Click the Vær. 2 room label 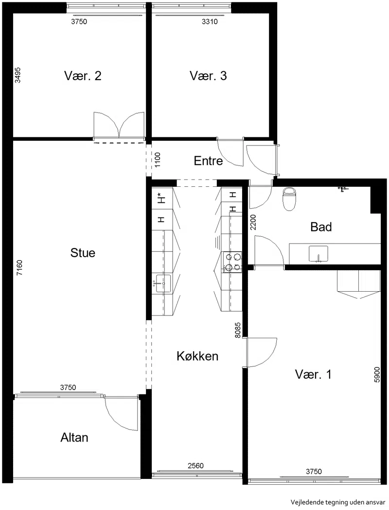click(83, 76)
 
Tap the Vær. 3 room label click(208, 76)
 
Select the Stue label click(83, 253)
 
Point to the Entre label click(208, 161)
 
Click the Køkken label click(197, 356)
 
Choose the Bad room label click(321, 227)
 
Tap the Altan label click(74, 438)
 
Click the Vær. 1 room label click(313, 374)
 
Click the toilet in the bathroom click(289, 199)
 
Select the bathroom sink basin click(318, 254)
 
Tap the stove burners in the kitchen click(232, 262)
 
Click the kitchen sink click(162, 283)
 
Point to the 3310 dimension click(210, 22)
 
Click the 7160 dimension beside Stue click(19, 268)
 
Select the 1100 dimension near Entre click(158, 160)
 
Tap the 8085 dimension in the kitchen click(238, 330)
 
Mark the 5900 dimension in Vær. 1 click(377, 374)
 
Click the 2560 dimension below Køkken click(195, 466)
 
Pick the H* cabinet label click(160, 198)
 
